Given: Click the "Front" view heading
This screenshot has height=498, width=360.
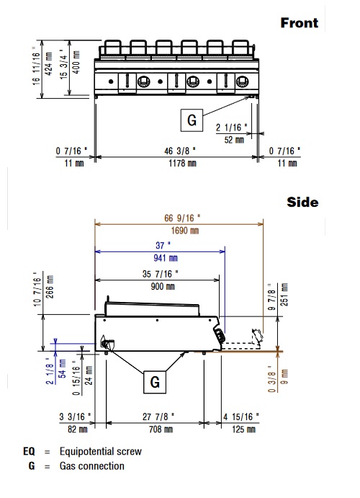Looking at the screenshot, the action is tap(299, 23).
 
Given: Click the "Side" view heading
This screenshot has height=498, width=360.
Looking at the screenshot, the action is tap(302, 203).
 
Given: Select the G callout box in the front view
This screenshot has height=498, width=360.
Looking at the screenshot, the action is tap(192, 120).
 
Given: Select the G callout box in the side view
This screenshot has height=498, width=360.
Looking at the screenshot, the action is tap(155, 382).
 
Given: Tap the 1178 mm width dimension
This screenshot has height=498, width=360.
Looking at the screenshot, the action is tap(182, 164).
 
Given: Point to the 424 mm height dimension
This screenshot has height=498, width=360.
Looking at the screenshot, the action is tap(49, 64).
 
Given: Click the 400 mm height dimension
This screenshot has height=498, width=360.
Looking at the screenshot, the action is tap(76, 62).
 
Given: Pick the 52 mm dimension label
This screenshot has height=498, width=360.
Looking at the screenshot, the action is tap(234, 140).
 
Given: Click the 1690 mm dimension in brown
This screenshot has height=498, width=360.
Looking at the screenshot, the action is tap(185, 231).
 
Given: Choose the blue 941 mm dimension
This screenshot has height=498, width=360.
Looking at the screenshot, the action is tap(166, 258).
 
